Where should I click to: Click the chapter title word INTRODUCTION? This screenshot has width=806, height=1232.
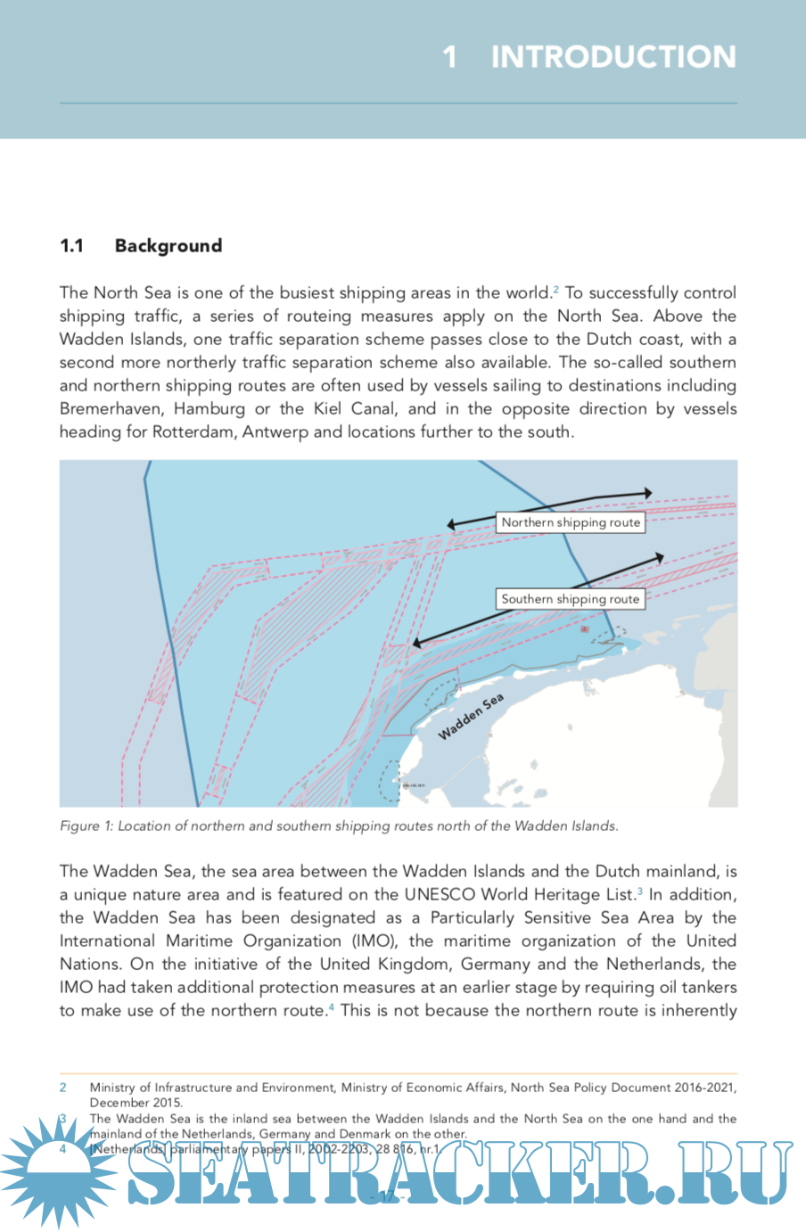click(x=613, y=57)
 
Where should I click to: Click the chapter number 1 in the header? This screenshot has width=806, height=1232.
click(x=450, y=57)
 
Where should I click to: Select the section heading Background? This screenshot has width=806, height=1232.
click(x=169, y=246)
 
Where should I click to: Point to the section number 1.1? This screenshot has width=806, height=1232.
click(x=71, y=246)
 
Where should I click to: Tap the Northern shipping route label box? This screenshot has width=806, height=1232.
click(x=571, y=522)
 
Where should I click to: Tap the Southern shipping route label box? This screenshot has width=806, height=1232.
click(x=571, y=599)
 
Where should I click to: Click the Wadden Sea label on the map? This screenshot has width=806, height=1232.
click(x=471, y=717)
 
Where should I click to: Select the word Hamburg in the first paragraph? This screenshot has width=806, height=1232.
click(x=210, y=408)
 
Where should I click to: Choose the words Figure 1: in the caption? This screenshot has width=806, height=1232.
click(x=86, y=825)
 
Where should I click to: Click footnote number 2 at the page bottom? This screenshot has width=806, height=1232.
click(x=63, y=1087)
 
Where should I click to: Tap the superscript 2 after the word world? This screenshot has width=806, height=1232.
click(x=556, y=289)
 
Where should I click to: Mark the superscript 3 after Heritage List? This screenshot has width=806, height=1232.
click(x=639, y=891)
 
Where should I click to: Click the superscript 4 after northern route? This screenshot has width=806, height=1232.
click(x=332, y=1006)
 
